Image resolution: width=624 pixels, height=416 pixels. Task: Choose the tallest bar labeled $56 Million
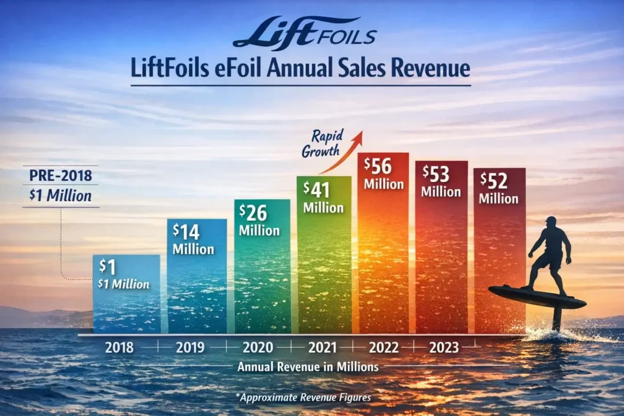point(383,244)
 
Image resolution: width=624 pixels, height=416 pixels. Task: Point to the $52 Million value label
point(498,188)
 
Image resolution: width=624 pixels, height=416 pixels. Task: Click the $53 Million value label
point(440,181)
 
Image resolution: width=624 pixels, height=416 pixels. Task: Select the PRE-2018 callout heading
point(60,177)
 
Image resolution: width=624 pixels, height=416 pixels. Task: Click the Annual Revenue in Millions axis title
point(308,367)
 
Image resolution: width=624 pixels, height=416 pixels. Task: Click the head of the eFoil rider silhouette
point(550,222)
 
